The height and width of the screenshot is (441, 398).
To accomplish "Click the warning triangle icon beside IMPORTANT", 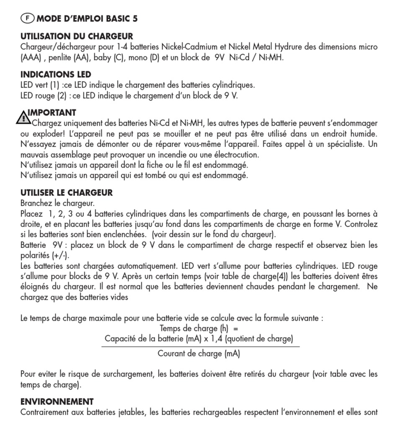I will (x=23, y=118).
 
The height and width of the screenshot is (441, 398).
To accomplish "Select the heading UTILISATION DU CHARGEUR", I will (x=77, y=36).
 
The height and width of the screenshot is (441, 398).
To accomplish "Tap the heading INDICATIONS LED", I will (x=56, y=75).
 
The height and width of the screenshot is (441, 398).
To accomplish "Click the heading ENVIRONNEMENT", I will (x=57, y=402).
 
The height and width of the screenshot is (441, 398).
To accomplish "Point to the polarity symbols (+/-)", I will (x=61, y=255).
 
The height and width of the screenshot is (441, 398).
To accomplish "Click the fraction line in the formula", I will (x=200, y=346).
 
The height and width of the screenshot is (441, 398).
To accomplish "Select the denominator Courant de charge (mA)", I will (x=199, y=354).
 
